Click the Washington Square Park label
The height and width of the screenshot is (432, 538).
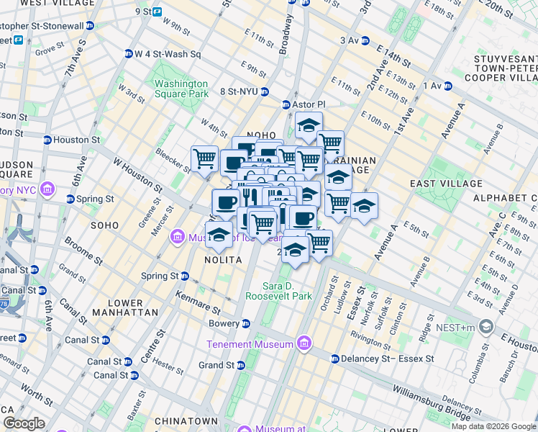click(181, 89)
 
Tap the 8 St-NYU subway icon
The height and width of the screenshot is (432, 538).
click(265, 91)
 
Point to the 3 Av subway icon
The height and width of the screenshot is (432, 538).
click(365, 40)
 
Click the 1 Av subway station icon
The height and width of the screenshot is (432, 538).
click(447, 86)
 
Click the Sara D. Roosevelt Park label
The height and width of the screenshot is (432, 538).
click(278, 291)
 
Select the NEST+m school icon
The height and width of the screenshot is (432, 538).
click(486, 328)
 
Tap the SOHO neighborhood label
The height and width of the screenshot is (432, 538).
click(104, 225)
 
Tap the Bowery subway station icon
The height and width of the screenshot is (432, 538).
click(246, 323)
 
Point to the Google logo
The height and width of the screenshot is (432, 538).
click(24, 423)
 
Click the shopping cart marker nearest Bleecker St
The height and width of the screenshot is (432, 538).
click(204, 158)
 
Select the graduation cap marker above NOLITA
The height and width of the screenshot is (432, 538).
click(219, 233)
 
